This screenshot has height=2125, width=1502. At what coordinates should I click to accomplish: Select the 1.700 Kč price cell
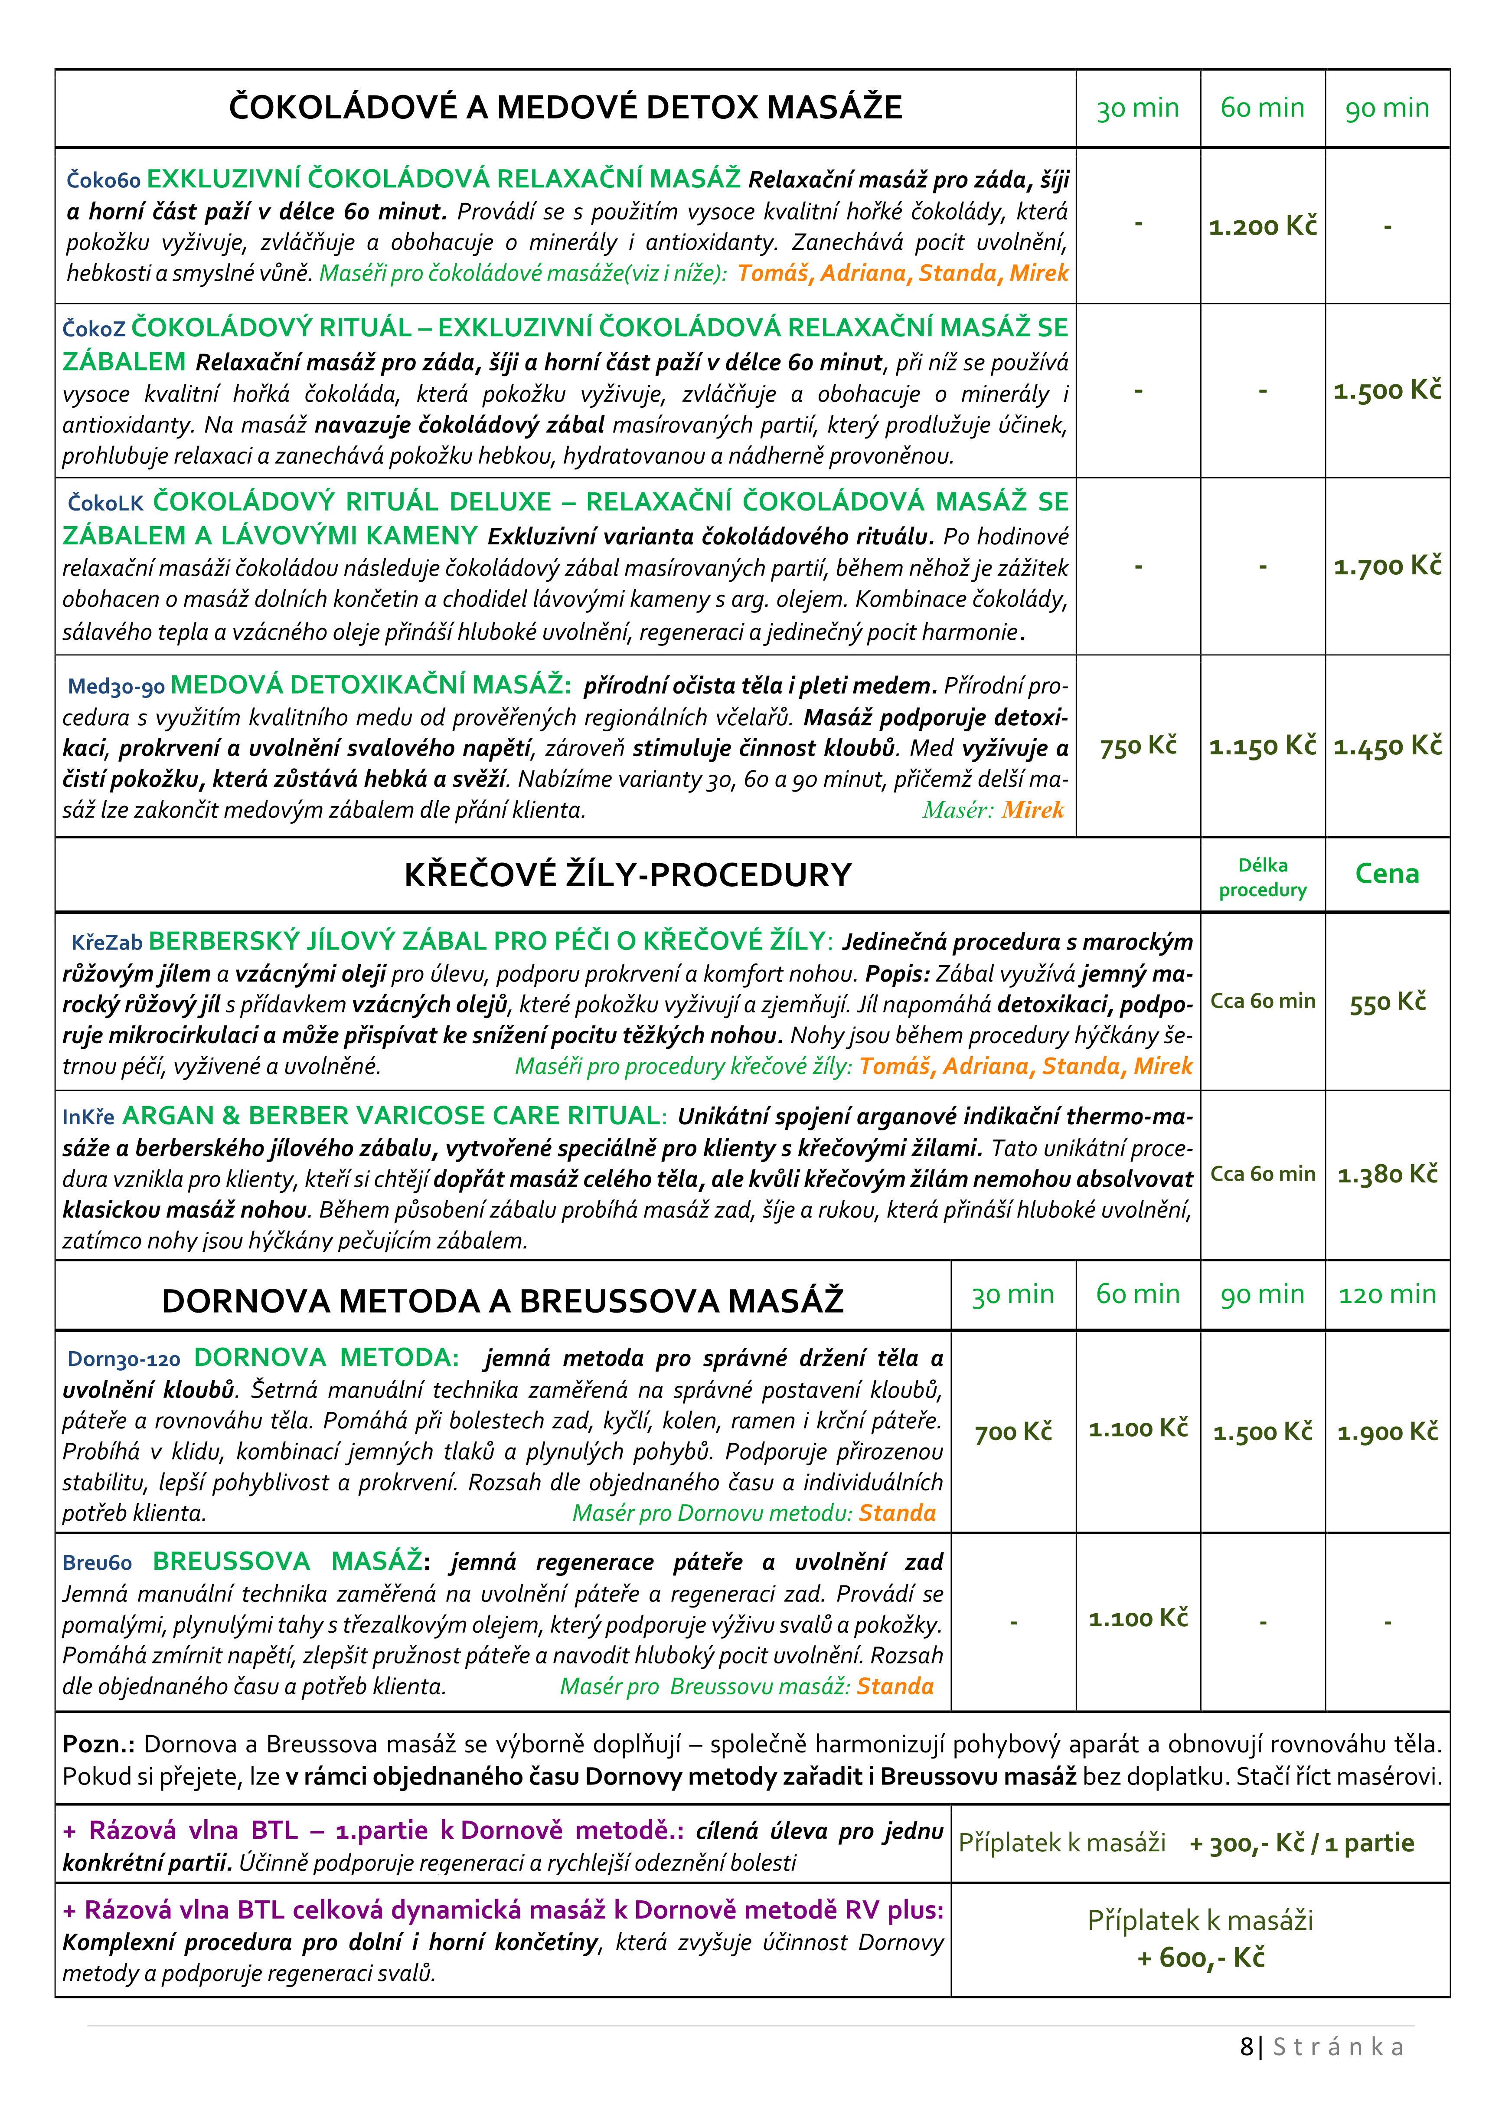pyautogui.click(x=1386, y=566)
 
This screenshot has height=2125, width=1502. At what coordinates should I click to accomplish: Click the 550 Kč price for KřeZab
pyautogui.click(x=1386, y=1002)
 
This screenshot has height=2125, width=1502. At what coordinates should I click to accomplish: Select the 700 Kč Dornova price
pyautogui.click(x=1012, y=1432)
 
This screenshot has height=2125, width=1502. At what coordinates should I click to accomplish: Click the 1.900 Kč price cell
pyautogui.click(x=1386, y=1432)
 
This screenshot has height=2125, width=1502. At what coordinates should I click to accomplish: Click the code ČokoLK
pyautogui.click(x=105, y=504)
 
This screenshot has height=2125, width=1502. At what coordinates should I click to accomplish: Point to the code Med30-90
pyautogui.click(x=116, y=687)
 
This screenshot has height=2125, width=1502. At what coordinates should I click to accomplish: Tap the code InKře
pyautogui.click(x=88, y=1117)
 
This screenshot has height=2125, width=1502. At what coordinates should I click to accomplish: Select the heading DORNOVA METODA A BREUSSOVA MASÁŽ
pyautogui.click(x=503, y=1300)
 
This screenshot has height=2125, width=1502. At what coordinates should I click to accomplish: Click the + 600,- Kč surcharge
pyautogui.click(x=1200, y=1958)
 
